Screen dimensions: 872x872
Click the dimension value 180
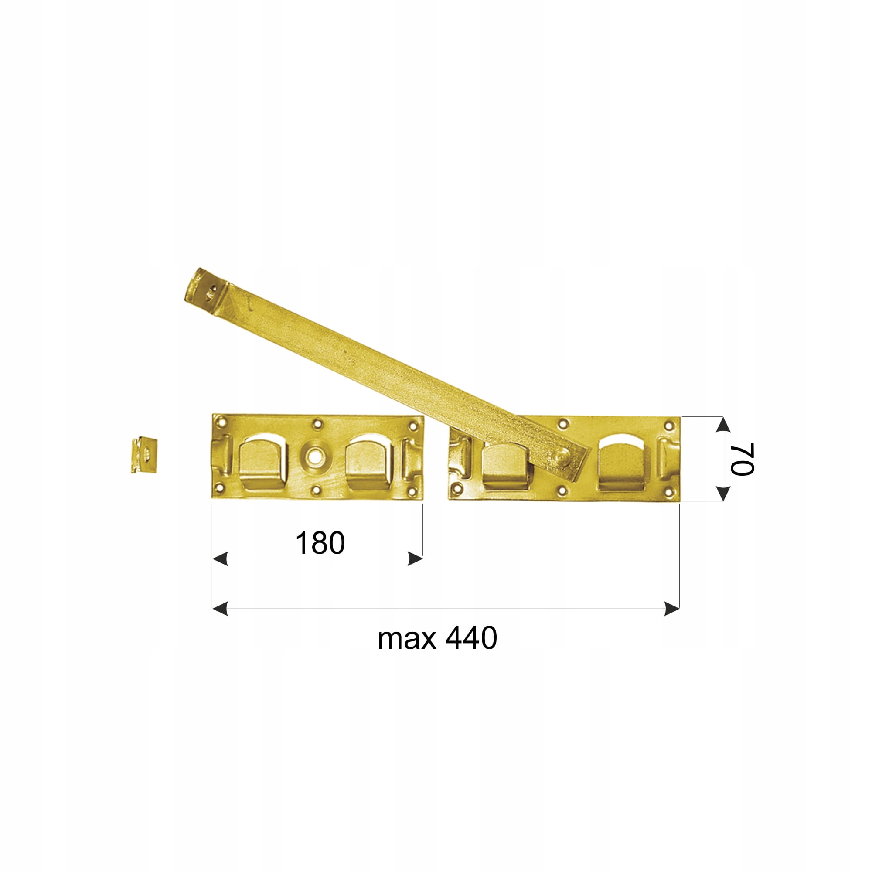coord(320,543)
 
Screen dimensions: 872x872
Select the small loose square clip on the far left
coord(144,454)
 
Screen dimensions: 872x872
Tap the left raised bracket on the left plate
coord(263,462)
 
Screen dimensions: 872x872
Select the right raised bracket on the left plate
coord(369,462)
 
